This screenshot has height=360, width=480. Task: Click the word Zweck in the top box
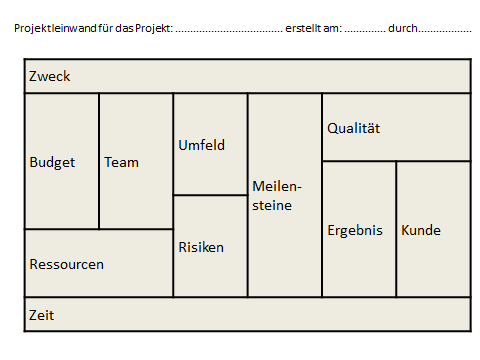(x=50, y=77)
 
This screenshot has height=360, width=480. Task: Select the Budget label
(x=52, y=162)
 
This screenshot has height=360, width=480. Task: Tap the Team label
(x=122, y=162)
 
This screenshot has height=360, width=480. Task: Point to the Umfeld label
(x=201, y=145)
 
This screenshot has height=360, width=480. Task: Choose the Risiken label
(x=201, y=247)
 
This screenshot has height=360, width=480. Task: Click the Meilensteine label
(x=277, y=196)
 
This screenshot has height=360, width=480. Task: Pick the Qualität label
(x=354, y=128)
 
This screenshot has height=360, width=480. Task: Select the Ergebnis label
(x=355, y=230)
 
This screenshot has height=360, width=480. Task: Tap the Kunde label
(x=421, y=230)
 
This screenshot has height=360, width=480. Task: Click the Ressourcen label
(x=67, y=265)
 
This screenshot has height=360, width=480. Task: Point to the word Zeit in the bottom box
(x=42, y=315)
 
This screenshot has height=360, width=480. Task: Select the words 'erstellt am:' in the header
(x=313, y=28)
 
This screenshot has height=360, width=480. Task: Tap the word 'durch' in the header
(x=402, y=28)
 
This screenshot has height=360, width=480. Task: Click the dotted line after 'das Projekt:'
(x=228, y=30)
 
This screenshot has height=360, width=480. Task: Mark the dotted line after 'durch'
(x=446, y=30)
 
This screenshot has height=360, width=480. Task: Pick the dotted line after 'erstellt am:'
(x=365, y=30)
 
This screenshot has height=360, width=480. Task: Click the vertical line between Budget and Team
(x=99, y=162)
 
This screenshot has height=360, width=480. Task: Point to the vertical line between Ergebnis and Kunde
(x=397, y=230)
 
